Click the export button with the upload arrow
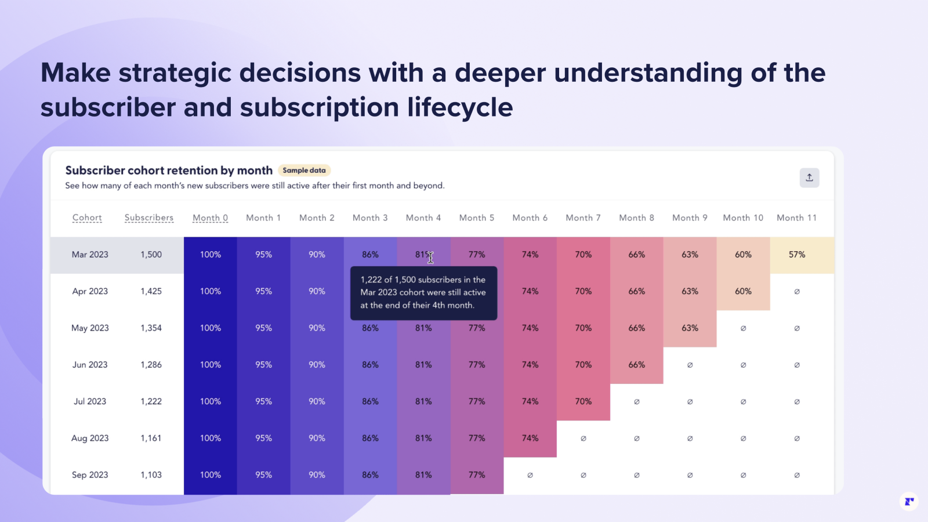809,177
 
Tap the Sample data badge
304,171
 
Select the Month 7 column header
583,217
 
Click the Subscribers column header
149,217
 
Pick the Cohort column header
87,217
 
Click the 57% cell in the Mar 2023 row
797,255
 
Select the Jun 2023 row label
90,365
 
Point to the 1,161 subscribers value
151,438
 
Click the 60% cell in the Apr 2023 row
743,291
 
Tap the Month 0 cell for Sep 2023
211,475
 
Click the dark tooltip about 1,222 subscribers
423,293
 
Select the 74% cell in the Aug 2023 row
530,438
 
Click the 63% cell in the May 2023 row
690,328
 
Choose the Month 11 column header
796,217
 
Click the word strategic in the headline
175,73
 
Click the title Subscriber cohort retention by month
169,171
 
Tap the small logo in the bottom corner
909,502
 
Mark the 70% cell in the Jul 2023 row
583,401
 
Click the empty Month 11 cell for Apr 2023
797,291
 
